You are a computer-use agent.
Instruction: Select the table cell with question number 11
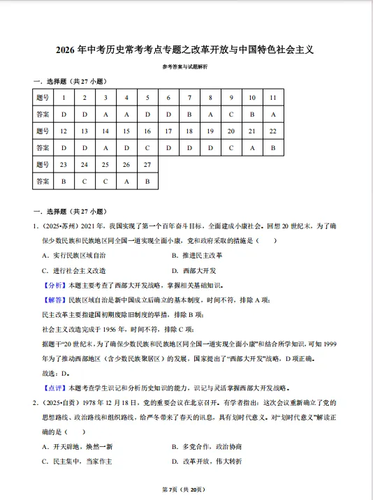[273, 97]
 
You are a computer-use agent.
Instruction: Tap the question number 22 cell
[273, 131]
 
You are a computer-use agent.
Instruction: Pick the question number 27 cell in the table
[147, 164]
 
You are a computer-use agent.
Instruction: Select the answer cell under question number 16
[147, 147]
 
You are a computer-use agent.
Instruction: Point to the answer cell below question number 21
[252, 147]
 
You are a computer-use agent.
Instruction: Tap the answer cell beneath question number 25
[105, 181]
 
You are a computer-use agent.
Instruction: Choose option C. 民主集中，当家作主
[77, 461]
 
